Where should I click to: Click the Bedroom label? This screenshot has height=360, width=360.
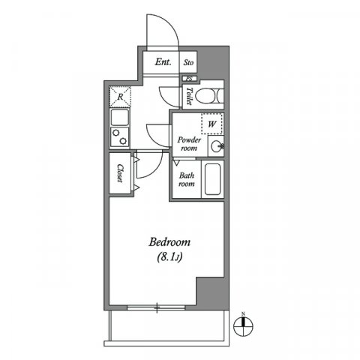tap(169, 242)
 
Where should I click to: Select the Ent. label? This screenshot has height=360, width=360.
tap(163, 63)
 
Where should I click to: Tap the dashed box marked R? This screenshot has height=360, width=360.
tap(121, 95)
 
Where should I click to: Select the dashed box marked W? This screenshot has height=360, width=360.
tap(212, 123)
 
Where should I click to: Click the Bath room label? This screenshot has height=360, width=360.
tap(186, 180)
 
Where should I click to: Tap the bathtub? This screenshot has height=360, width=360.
tap(213, 180)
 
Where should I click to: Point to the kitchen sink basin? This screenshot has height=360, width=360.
tap(120, 118)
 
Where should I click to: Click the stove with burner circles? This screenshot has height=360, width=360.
tap(120, 137)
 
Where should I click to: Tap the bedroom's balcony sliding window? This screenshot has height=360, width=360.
tap(157, 306)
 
